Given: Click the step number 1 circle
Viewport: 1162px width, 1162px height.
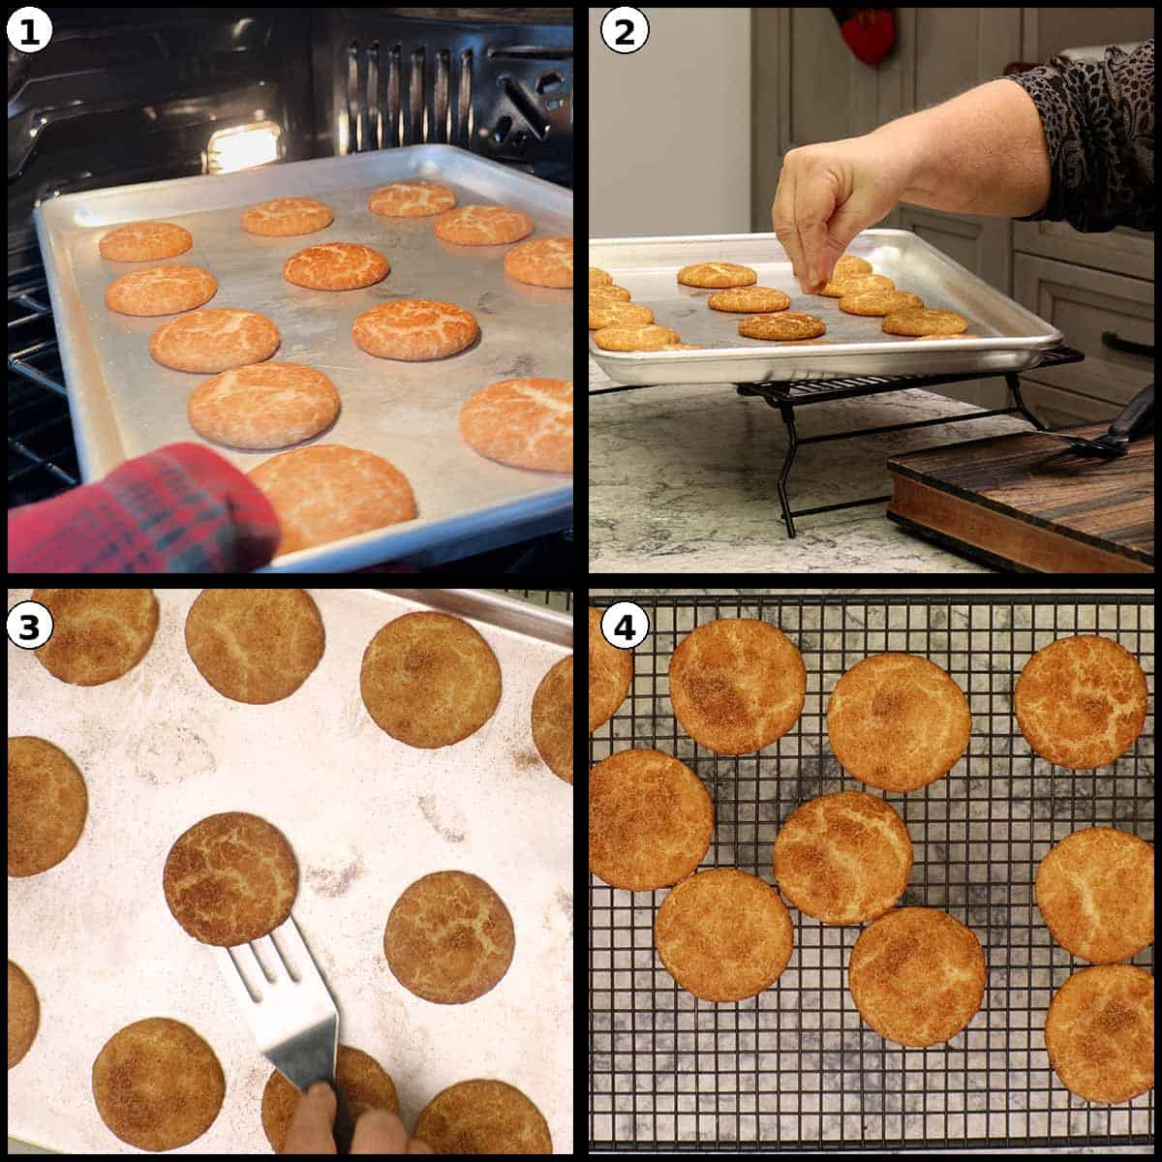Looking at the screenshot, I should (x=29, y=33).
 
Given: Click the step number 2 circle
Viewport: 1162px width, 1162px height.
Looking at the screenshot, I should (x=623, y=33).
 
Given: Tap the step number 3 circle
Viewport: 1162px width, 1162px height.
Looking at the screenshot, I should (x=29, y=627).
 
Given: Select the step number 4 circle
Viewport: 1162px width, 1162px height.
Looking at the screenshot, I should (x=623, y=627).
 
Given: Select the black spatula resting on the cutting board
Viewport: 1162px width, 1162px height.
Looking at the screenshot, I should (x=1114, y=436).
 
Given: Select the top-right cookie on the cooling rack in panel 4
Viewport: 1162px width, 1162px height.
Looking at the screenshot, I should (x=1082, y=702).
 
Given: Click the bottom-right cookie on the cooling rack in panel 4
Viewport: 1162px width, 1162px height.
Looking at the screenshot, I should (x=1101, y=1033).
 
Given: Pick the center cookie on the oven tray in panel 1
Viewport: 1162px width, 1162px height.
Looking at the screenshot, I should (x=336, y=266).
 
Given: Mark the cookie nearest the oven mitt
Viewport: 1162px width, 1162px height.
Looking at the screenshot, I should (x=334, y=499).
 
